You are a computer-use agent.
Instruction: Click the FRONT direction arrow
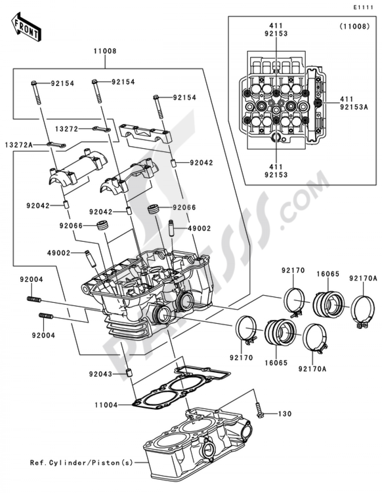(x=26, y=27)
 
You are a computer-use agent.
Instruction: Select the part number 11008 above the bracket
(x=105, y=51)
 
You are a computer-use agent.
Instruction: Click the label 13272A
(x=19, y=145)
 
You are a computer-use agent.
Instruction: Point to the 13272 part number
(x=67, y=129)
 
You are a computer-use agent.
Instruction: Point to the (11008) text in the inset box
(x=354, y=27)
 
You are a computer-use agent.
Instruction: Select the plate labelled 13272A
(x=56, y=145)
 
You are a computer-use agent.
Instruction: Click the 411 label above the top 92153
(x=276, y=26)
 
